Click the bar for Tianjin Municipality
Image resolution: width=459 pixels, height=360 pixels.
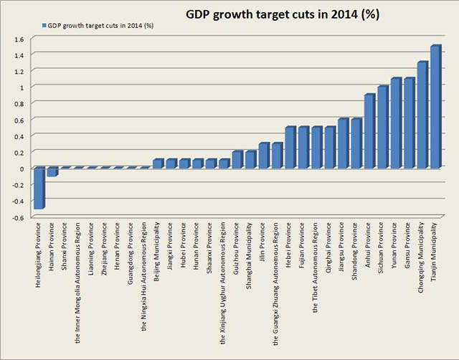(435, 108)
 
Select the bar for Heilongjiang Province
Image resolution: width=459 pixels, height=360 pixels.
(38, 189)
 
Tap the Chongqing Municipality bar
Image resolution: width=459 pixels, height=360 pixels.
(422, 115)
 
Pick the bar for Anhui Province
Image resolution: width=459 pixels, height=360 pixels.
(369, 132)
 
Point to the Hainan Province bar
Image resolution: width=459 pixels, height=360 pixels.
(51, 172)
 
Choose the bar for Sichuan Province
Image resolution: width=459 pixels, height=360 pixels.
(382, 128)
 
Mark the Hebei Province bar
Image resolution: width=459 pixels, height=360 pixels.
(289, 148)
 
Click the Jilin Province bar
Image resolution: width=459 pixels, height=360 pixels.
(263, 156)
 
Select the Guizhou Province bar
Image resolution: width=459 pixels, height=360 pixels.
(237, 160)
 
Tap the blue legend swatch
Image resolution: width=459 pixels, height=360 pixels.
(44, 25)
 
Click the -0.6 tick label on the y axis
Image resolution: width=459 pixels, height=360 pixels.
(17, 218)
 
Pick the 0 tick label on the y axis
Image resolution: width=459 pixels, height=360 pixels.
(22, 169)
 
